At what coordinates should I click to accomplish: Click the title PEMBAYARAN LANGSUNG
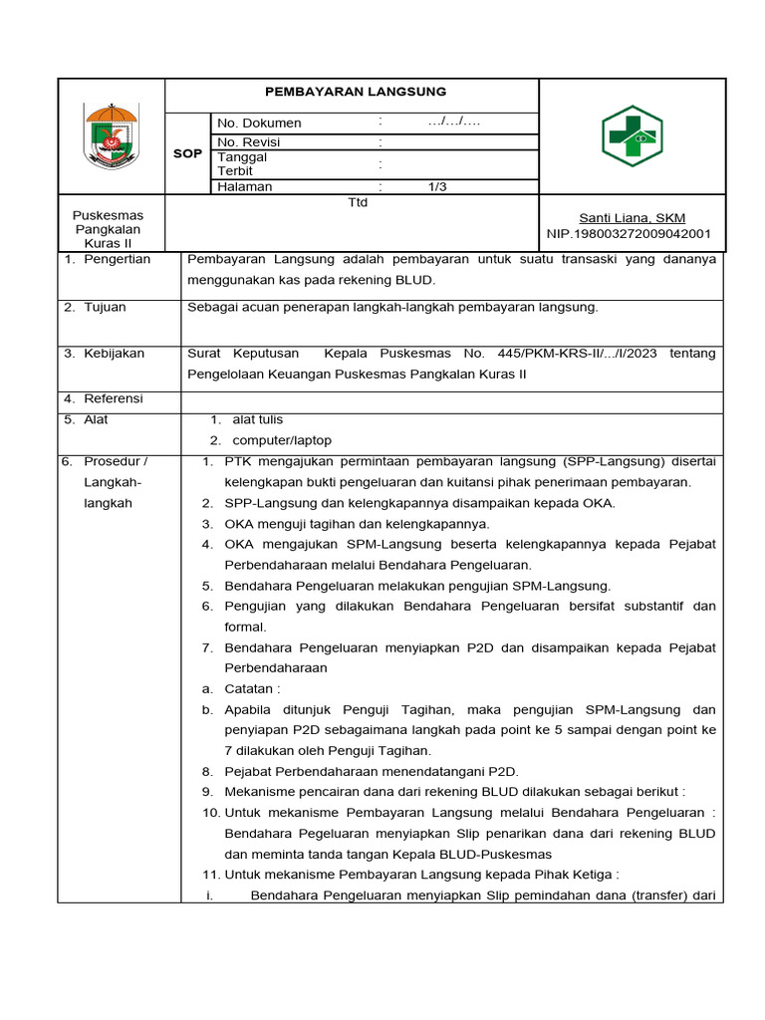(350, 92)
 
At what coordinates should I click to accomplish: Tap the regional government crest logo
(111, 135)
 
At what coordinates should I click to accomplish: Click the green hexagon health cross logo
(632, 136)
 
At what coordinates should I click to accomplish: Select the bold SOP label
(187, 154)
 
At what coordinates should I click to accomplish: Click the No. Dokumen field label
(259, 124)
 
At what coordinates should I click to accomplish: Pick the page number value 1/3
(438, 186)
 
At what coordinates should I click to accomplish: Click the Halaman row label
(245, 186)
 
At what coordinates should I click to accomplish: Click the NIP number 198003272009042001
(629, 234)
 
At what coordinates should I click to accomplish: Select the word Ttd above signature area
(357, 202)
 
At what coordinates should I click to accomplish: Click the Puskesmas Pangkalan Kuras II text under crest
(109, 229)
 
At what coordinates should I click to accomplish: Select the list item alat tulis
(257, 419)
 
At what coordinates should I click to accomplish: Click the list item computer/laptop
(282, 440)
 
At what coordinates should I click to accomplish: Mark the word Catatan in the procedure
(252, 688)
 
